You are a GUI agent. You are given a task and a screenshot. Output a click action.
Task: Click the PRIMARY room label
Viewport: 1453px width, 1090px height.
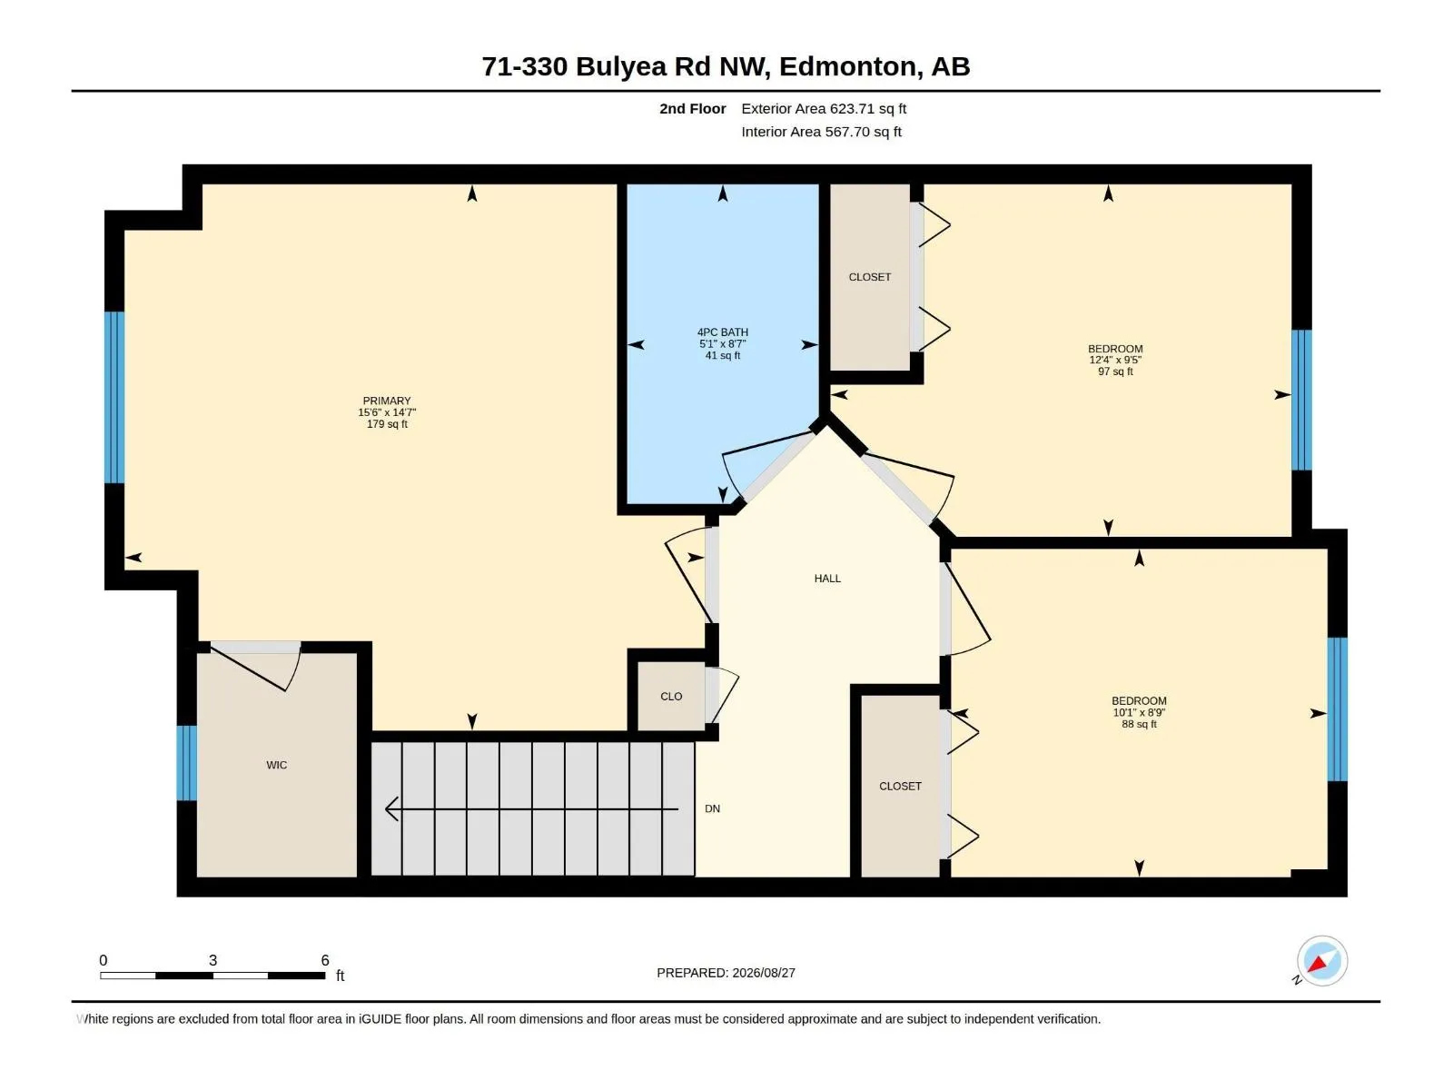click(387, 401)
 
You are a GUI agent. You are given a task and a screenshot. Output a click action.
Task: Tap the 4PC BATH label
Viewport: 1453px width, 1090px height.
click(722, 332)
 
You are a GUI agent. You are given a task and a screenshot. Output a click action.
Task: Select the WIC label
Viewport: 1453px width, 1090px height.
click(277, 765)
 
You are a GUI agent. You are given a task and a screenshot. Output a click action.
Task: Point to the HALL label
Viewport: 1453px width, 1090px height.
click(827, 579)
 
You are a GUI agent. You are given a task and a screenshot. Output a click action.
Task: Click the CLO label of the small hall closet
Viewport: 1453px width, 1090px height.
click(671, 696)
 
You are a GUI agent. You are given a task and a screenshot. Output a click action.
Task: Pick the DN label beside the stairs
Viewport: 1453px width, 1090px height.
click(712, 808)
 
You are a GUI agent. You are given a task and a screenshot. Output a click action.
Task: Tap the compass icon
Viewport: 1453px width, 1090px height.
click(1322, 961)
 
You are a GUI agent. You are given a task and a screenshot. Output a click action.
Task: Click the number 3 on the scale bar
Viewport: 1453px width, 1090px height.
click(213, 960)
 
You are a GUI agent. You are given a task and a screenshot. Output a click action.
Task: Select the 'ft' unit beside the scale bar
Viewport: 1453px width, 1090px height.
click(341, 976)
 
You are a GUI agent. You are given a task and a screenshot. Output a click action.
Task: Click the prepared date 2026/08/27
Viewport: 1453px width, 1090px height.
click(764, 973)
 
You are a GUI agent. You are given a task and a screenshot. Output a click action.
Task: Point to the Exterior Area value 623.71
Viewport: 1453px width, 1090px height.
click(852, 108)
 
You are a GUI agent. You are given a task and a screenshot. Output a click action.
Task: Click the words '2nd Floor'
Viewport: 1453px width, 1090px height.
click(692, 108)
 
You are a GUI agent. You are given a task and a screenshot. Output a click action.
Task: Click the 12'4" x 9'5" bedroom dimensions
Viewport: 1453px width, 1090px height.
click(1115, 360)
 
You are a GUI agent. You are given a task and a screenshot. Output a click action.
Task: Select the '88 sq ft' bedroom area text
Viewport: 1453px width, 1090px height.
click(1139, 724)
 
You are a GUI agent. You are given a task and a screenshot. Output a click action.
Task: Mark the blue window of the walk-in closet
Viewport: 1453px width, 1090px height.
click(187, 763)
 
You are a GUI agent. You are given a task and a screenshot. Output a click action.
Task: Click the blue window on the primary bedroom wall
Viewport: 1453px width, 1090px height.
click(114, 397)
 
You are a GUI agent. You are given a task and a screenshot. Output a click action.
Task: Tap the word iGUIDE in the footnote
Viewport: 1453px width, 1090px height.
click(380, 1019)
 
